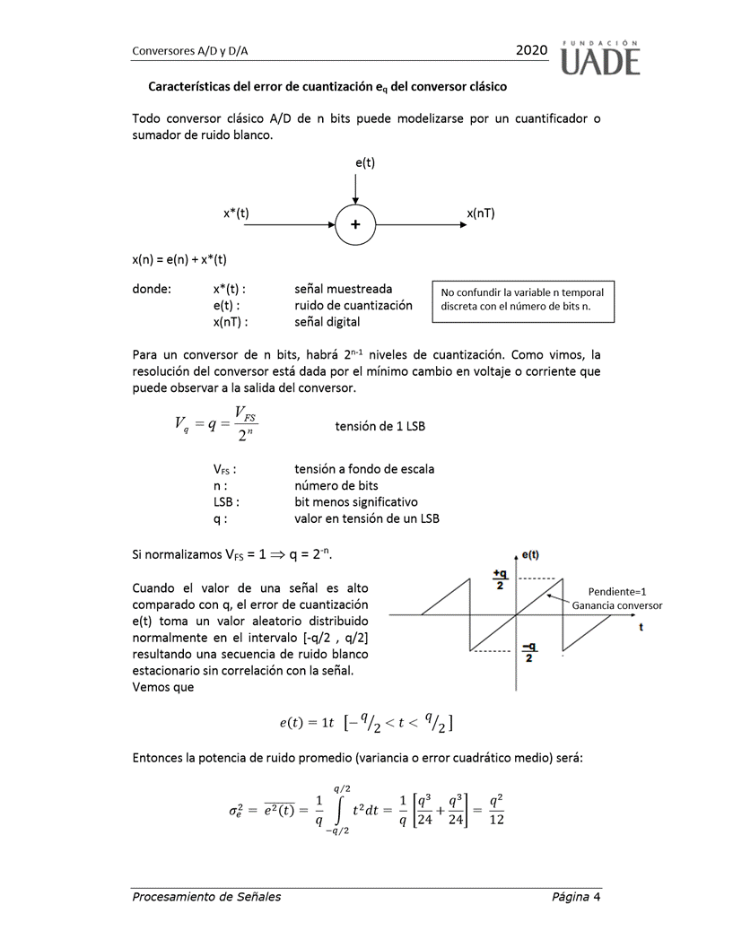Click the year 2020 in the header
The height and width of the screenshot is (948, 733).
pos(531,51)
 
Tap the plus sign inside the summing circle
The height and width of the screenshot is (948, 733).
pos(355,225)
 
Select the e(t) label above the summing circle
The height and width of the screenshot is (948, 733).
pos(364,162)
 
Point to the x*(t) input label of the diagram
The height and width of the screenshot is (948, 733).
pos(236,213)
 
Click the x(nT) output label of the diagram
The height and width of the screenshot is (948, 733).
pos(481,213)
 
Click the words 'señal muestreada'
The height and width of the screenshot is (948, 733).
pos(343,289)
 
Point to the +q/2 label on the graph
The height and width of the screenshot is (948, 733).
pos(500,579)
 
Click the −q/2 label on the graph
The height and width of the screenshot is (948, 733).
pos(528,652)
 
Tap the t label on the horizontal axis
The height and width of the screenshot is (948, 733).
pos(641,628)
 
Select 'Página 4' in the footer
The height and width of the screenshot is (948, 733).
pos(576,896)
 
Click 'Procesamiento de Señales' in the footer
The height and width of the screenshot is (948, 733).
pos(205,896)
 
